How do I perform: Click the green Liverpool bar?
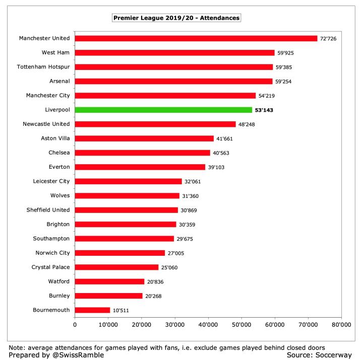(163, 110)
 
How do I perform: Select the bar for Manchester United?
(196, 38)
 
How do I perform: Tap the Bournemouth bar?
(92, 310)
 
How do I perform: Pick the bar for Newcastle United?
(155, 124)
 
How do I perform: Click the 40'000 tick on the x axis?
(208, 325)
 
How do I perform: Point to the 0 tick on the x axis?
(75, 325)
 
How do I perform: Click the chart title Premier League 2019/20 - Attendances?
(176, 18)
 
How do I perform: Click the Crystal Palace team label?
(50, 267)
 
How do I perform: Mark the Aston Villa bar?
(144, 138)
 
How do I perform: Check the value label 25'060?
(172, 267)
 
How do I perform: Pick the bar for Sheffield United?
(127, 210)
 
